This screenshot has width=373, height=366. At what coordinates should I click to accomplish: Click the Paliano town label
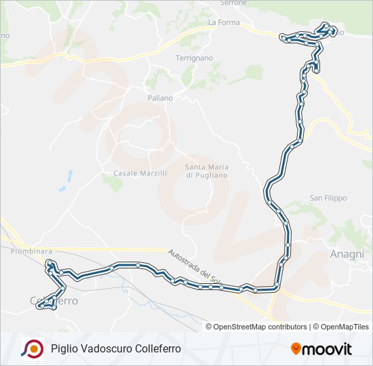coord(161,98)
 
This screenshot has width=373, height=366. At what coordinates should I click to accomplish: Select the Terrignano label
coord(195,59)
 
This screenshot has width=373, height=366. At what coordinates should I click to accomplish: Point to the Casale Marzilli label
coord(140,174)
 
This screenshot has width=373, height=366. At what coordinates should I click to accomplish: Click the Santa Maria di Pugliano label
coord(207,171)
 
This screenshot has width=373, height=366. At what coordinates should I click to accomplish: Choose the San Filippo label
coord(328,198)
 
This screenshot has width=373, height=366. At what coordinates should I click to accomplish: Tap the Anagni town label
coord(347,253)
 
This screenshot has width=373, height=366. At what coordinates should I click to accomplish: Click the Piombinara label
coord(31,251)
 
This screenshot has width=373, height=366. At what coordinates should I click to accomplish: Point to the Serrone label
coord(233,3)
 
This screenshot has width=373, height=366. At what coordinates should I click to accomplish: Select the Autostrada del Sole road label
coord(195,265)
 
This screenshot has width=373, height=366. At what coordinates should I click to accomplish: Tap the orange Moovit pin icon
coord(296,349)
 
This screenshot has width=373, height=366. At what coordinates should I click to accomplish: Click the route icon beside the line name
coord(31,348)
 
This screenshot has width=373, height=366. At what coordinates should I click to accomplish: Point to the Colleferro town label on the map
coord(54,300)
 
